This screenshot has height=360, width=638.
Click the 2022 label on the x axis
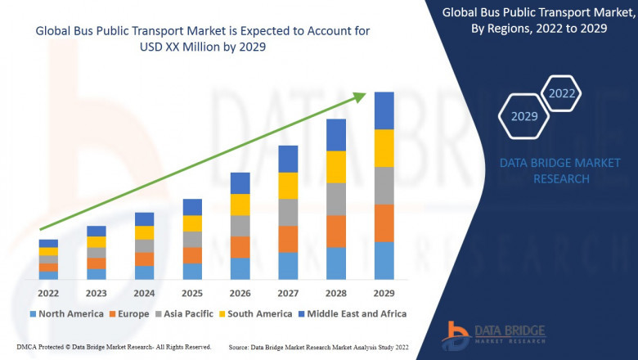(x=48, y=293)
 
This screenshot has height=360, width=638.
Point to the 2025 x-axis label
(x=191, y=293)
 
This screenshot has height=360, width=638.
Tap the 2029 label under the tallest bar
(x=384, y=293)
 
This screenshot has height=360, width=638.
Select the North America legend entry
(x=66, y=313)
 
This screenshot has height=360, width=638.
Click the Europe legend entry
(x=128, y=313)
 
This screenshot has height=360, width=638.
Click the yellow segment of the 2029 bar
(x=384, y=148)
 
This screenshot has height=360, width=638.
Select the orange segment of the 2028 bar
(x=335, y=231)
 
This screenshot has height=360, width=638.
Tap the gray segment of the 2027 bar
(x=287, y=212)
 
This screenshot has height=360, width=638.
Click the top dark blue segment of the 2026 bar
(x=240, y=182)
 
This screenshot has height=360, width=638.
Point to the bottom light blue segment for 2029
(x=384, y=260)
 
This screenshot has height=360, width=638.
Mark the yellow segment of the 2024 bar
(x=144, y=232)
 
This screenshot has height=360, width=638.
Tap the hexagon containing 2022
(x=562, y=93)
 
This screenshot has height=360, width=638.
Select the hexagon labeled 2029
(x=524, y=116)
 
